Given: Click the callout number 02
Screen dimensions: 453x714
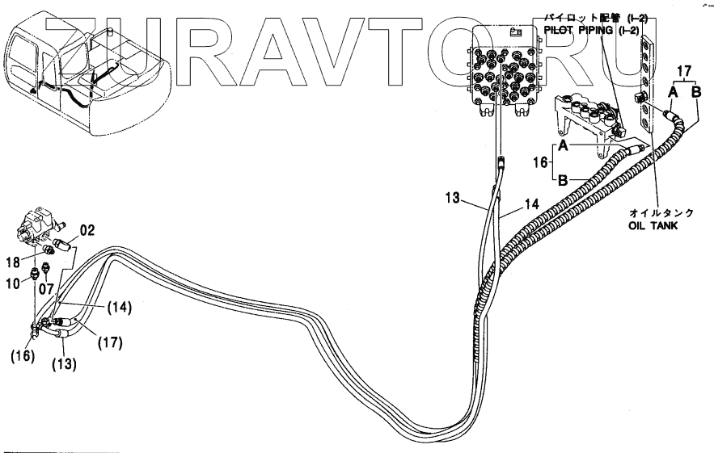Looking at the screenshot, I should pos(87,230).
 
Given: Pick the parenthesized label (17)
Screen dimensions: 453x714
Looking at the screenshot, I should pos(110,342).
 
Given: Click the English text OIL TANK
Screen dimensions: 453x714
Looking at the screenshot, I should pos(653,227).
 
